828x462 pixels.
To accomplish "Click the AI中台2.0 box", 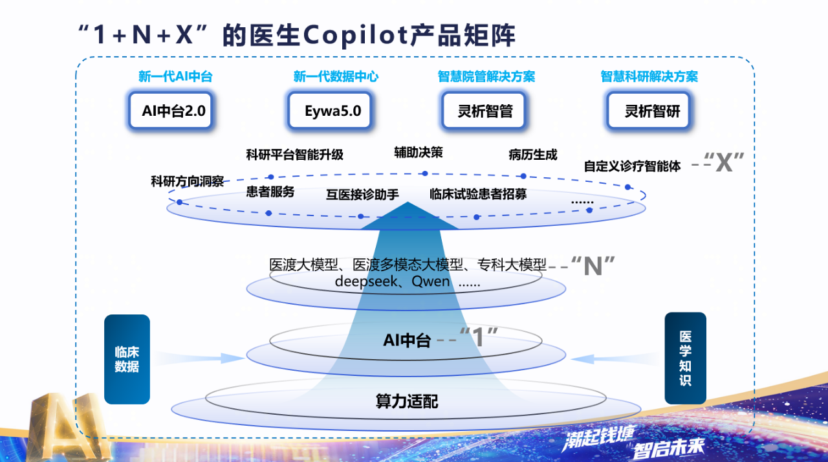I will pyautogui.click(x=173, y=111).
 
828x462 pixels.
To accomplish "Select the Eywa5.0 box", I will pyautogui.click(x=332, y=111).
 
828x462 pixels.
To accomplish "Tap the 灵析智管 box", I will pyautogui.click(x=485, y=111).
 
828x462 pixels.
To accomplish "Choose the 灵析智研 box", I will pyautogui.click(x=652, y=111).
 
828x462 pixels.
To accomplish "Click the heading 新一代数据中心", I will pyautogui.click(x=336, y=76).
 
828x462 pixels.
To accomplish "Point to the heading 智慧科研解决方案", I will pyautogui.click(x=649, y=76).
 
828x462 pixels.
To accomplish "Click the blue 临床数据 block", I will pyautogui.click(x=127, y=359).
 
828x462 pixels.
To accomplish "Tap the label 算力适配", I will pyautogui.click(x=407, y=401).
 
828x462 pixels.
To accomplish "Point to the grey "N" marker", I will pyautogui.click(x=593, y=265).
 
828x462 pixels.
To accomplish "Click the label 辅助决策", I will pyautogui.click(x=419, y=153).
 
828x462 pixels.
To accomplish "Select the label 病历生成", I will pyautogui.click(x=532, y=155).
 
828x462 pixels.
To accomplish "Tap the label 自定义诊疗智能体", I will pyautogui.click(x=632, y=166).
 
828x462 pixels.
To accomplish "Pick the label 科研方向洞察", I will pyautogui.click(x=187, y=181).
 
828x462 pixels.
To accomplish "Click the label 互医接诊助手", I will pyautogui.click(x=362, y=194).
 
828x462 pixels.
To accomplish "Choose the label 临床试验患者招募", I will pyautogui.click(x=478, y=194).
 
